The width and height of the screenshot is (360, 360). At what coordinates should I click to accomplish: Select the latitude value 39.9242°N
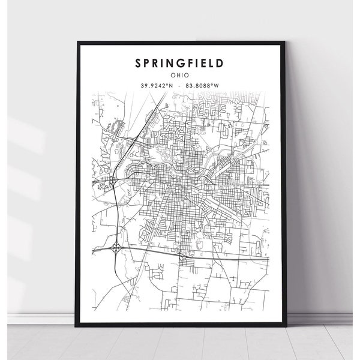tap(157, 86)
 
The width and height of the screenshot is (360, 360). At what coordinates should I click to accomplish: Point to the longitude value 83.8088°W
tap(205, 86)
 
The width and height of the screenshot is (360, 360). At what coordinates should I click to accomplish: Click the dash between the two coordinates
tap(181, 86)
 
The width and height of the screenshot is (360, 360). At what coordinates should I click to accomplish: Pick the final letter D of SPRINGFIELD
tap(221, 63)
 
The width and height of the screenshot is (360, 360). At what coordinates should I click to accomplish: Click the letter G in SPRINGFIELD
tap(181, 63)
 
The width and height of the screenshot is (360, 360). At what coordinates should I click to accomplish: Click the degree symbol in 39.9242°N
tap(167, 85)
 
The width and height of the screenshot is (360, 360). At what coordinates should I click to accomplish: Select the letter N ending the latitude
tap(170, 86)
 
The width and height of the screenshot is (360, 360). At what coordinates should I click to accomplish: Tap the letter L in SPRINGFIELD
tap(213, 63)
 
